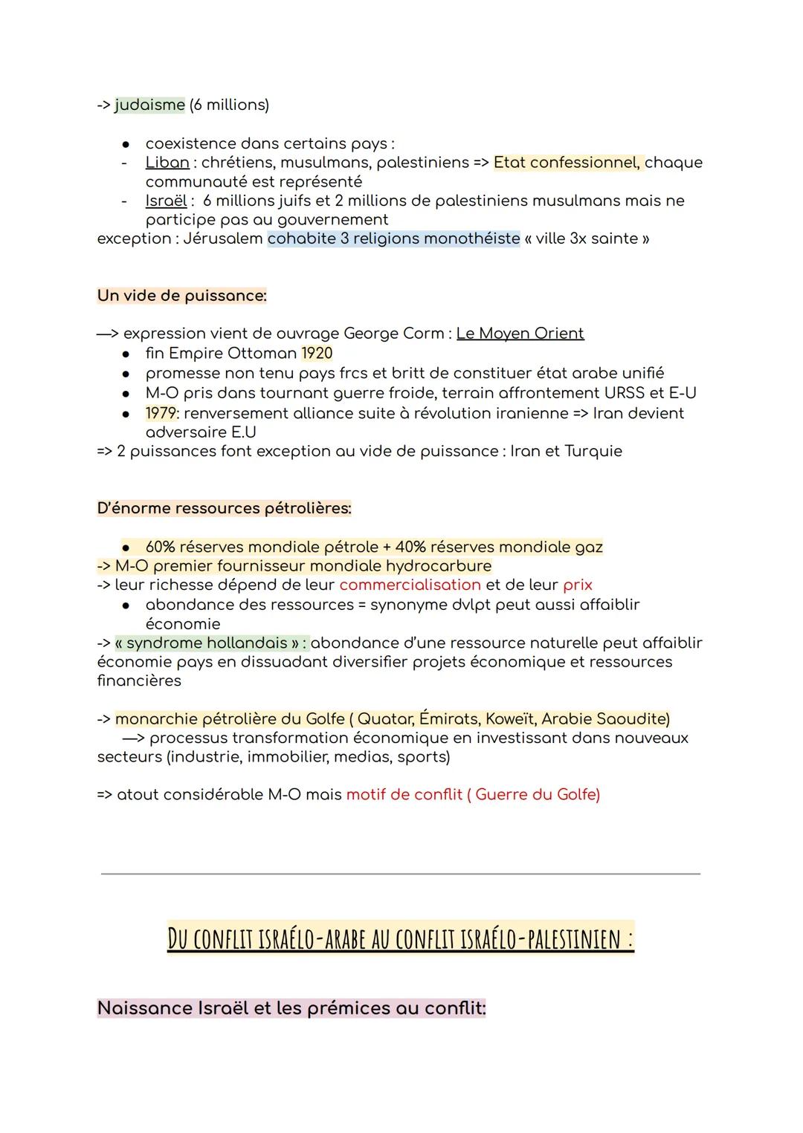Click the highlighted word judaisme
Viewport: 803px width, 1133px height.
click(149, 105)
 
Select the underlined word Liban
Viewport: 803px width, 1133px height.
click(167, 162)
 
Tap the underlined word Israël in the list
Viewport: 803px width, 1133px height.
click(166, 201)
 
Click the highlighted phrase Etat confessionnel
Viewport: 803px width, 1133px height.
click(566, 162)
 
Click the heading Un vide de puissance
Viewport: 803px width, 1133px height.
click(181, 296)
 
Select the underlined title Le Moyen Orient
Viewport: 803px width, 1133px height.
click(520, 334)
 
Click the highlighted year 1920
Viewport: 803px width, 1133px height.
click(317, 354)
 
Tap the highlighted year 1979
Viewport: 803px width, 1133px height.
click(161, 413)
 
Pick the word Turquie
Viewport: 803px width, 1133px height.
click(593, 451)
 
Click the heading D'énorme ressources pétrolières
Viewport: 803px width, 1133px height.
click(224, 508)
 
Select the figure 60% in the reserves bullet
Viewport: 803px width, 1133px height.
click(161, 547)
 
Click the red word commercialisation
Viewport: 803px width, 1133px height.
click(410, 585)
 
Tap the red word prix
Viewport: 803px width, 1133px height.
click(578, 585)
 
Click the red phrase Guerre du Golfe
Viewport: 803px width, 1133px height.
click(537, 795)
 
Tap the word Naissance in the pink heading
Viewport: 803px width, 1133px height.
click(144, 1008)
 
